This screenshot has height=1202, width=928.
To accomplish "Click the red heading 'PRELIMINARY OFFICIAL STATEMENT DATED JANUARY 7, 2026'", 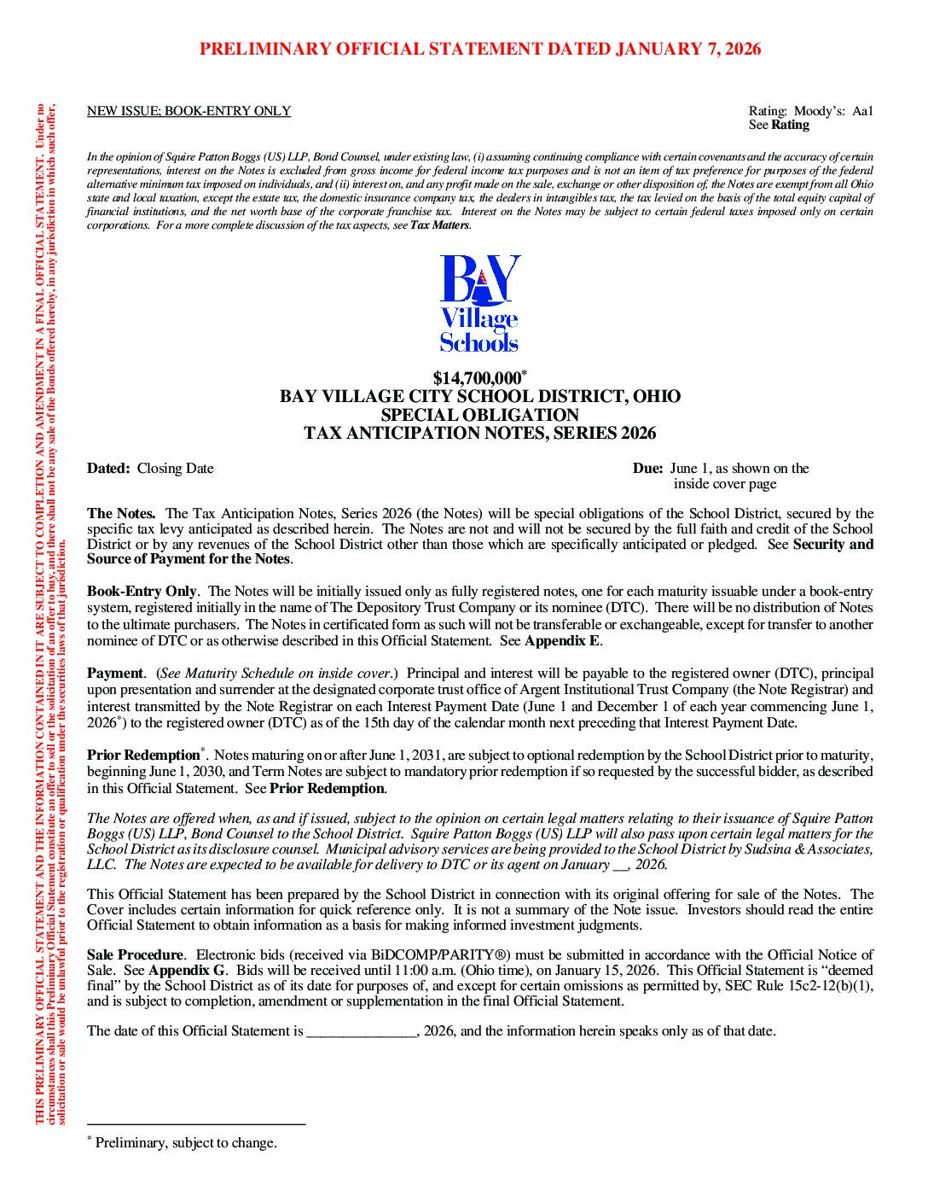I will [x=480, y=49].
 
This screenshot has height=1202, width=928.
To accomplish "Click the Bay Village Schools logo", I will [x=479, y=304].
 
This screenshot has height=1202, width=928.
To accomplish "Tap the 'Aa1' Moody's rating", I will [x=862, y=111].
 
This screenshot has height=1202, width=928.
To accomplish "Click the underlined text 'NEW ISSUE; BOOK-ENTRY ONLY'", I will [x=188, y=111].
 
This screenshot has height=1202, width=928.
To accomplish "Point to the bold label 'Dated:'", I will [x=108, y=468].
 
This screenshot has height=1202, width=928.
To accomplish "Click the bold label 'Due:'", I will [x=647, y=468].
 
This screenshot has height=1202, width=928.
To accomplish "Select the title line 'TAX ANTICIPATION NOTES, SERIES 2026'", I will [x=480, y=433].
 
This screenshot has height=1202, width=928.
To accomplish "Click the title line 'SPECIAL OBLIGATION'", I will [x=480, y=415].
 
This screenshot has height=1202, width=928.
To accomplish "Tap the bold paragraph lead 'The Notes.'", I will [x=121, y=513].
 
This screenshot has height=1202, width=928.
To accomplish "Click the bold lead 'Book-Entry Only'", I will [x=142, y=591].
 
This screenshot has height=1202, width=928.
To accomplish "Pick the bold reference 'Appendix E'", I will [x=562, y=640].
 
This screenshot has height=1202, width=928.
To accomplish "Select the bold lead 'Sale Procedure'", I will [x=135, y=954].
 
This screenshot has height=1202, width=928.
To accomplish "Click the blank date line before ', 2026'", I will [x=361, y=1031].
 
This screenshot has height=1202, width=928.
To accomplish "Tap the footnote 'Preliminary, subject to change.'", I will [x=186, y=1143].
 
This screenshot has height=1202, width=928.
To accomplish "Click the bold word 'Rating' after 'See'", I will [x=791, y=125].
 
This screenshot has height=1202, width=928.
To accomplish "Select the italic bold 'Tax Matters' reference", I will [x=440, y=225].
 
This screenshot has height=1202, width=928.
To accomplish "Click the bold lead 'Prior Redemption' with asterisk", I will [x=143, y=756].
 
